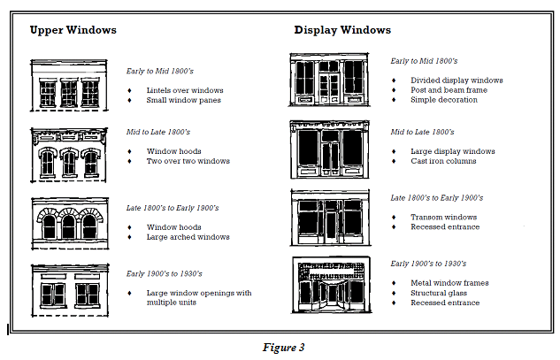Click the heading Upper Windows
coord(73,30)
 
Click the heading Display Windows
coord(342,30)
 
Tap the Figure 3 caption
coord(283,347)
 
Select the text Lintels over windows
coord(185,90)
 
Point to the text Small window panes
coord(183,100)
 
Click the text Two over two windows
coord(188,161)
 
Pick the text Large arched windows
coord(188,237)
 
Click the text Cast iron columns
coord(444,161)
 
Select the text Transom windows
coord(443,217)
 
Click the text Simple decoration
coord(444,100)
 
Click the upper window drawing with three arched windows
coord(68,220)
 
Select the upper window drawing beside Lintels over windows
coord(68,85)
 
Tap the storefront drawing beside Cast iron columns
coord(329,149)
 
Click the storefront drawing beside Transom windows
coord(329,217)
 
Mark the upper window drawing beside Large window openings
coord(68,288)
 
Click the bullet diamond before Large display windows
coord(395,151)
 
